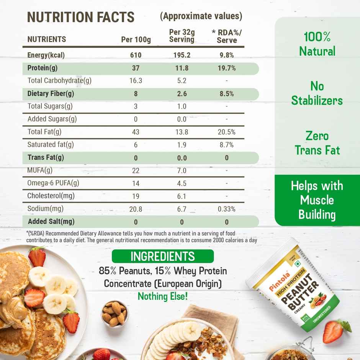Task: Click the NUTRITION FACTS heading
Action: tap(81, 17)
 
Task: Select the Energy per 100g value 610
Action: tap(136, 55)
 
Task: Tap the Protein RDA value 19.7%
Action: tap(227, 68)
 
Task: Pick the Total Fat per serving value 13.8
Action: tap(182, 132)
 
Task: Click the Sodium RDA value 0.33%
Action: tap(227, 209)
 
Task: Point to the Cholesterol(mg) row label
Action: tap(51, 196)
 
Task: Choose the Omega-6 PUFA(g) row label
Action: tap(53, 183)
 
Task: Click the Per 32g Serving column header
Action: tap(182, 36)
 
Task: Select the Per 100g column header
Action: tap(136, 39)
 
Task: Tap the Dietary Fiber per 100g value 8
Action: tap(136, 94)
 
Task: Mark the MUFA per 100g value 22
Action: tap(136, 170)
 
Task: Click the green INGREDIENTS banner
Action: tap(163, 256)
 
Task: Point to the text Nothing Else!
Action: tap(163, 296)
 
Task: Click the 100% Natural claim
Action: tap(317, 44)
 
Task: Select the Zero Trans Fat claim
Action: tap(317, 143)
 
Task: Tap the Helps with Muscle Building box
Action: tap(317, 200)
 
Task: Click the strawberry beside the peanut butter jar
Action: tap(335, 331)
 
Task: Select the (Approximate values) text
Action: tap(201, 16)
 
